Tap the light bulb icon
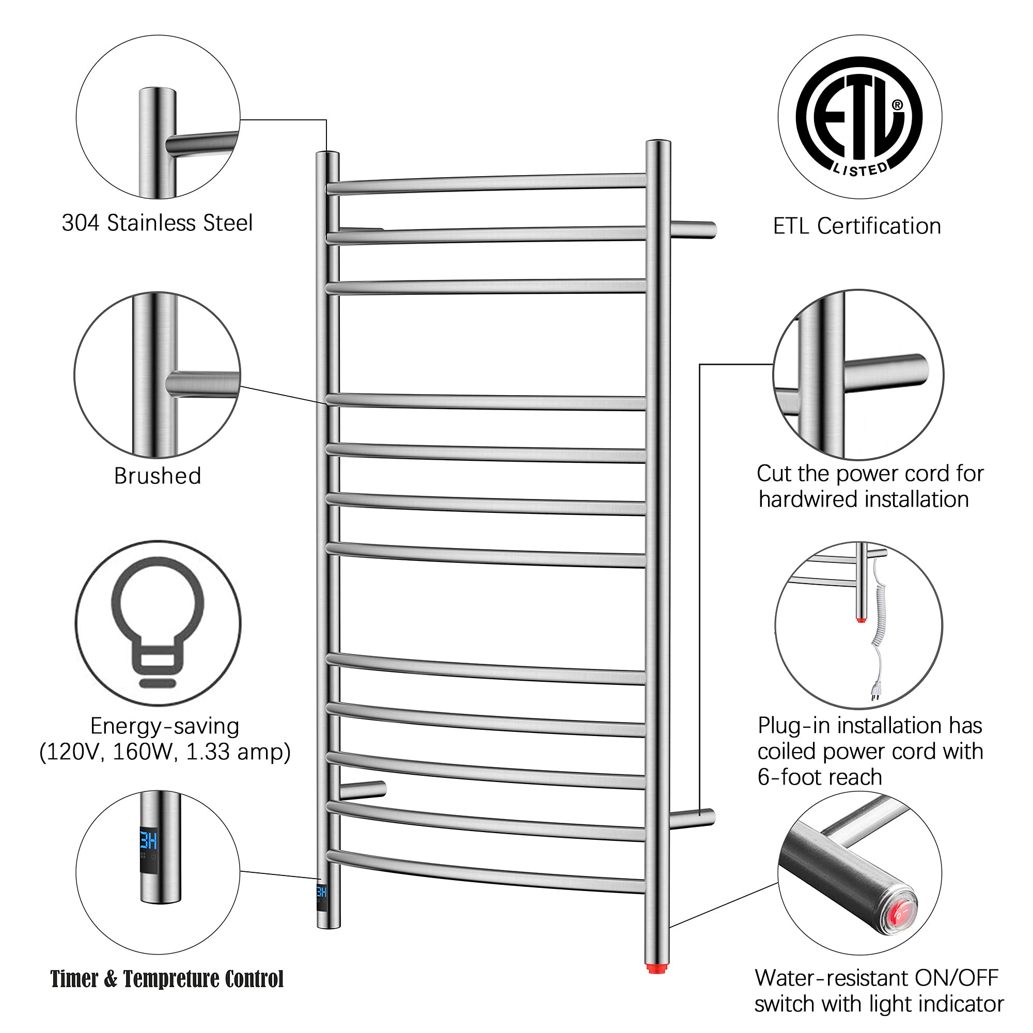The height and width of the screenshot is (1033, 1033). [158, 621]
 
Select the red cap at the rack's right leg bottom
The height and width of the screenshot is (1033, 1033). [657, 968]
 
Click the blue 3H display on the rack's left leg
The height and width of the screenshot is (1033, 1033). [321, 891]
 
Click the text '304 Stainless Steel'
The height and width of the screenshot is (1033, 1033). [157, 223]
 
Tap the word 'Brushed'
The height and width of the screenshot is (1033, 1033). [158, 475]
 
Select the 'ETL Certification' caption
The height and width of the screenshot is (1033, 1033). [857, 226]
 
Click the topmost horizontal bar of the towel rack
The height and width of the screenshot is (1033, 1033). [487, 183]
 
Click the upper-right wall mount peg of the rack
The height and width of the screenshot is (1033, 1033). [694, 229]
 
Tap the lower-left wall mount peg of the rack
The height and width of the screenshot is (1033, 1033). [362, 790]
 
